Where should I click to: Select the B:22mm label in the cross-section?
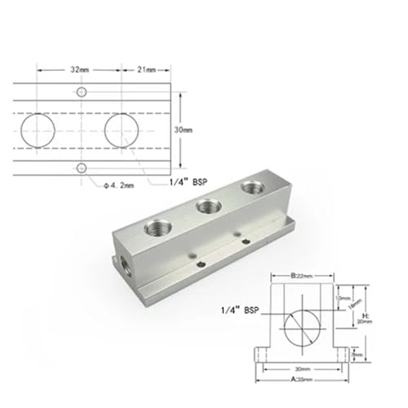pyautogui.click(x=303, y=276)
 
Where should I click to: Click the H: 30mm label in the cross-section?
pyautogui.click(x=369, y=320)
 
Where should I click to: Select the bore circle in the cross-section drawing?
pyautogui.click(x=303, y=327)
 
